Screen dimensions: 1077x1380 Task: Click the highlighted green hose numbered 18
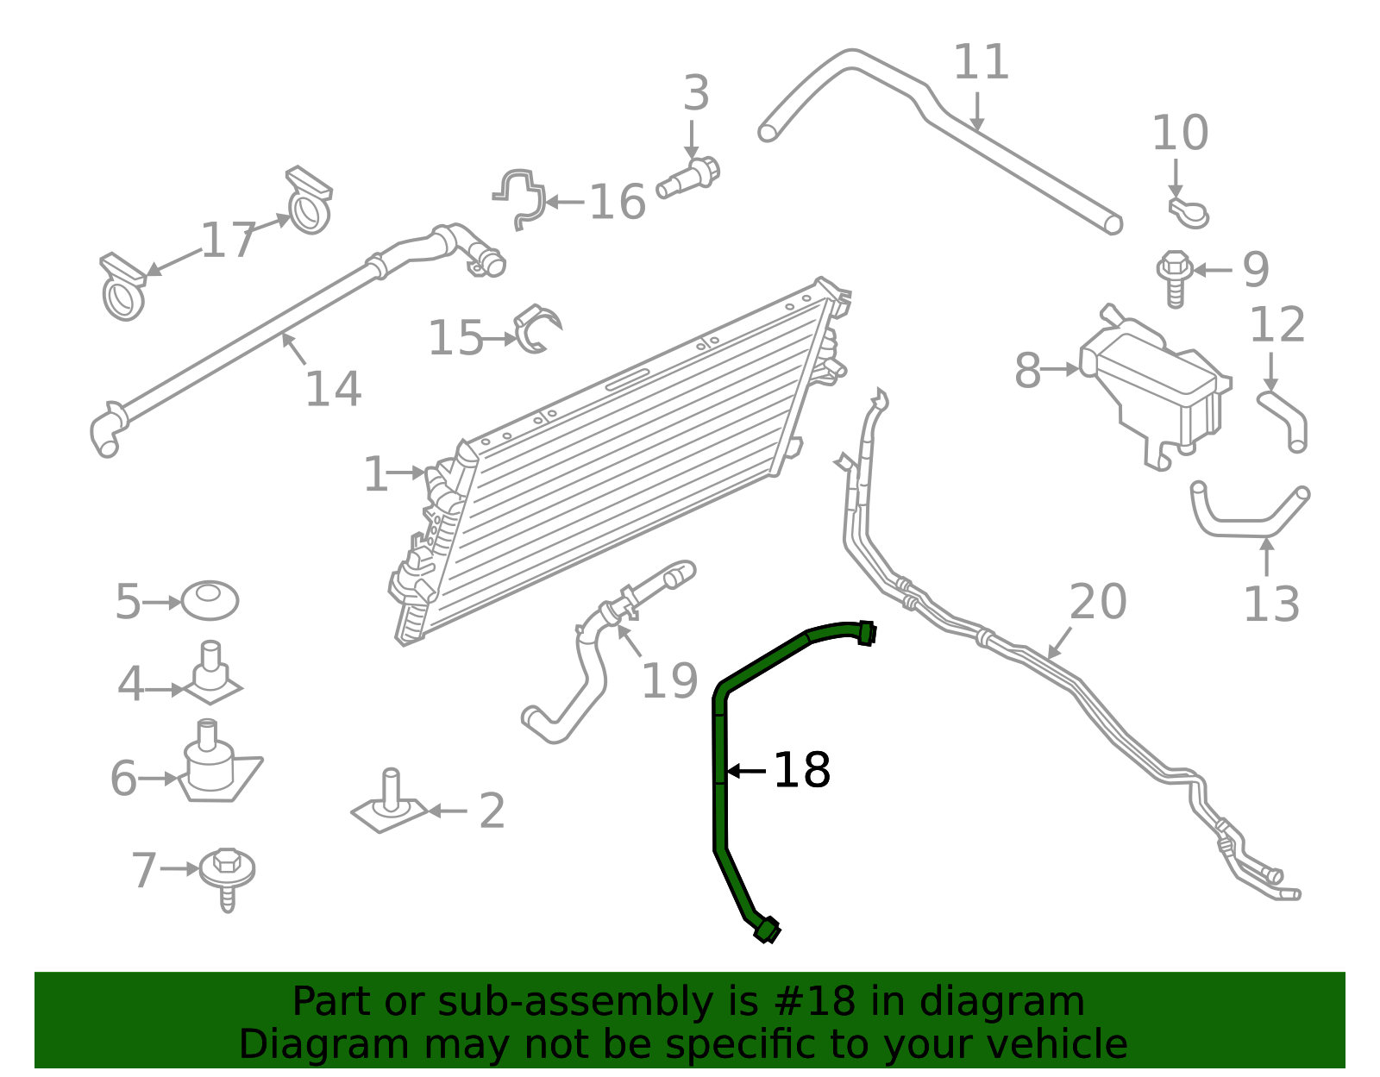[x=719, y=776]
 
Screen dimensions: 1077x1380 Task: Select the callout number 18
[x=801, y=770]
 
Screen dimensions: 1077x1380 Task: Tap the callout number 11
[x=981, y=63]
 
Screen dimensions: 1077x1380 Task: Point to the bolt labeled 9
[x=1174, y=275]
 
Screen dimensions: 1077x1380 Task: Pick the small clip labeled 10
[x=1189, y=212]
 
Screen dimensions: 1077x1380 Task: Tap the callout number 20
[x=1098, y=602]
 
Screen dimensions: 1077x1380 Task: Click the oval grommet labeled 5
[x=210, y=600]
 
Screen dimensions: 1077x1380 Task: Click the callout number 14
[x=333, y=389]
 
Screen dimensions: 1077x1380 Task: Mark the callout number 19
[x=669, y=681]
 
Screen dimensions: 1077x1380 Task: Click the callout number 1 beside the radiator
[x=376, y=474]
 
